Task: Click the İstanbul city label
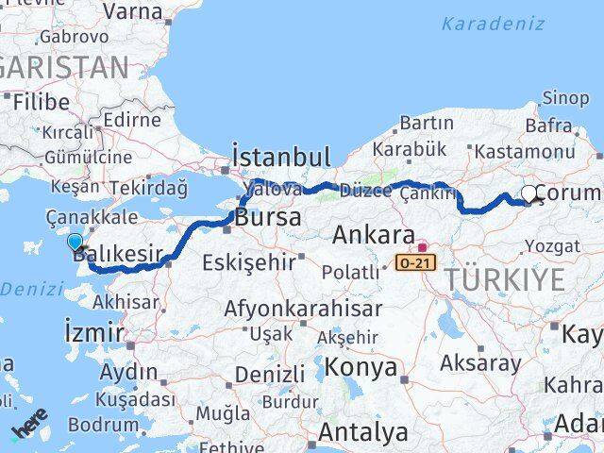tap(281, 157)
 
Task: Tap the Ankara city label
tap(373, 235)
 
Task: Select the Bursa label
tap(269, 217)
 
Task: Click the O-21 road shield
tap(416, 261)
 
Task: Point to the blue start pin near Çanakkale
tap(75, 243)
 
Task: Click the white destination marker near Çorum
tap(529, 193)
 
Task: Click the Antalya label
tap(363, 433)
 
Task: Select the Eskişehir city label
tap(249, 261)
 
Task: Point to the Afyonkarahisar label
tap(303, 308)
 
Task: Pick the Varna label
tap(132, 11)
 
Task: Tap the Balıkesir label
tap(127, 254)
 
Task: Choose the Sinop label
tap(566, 97)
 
